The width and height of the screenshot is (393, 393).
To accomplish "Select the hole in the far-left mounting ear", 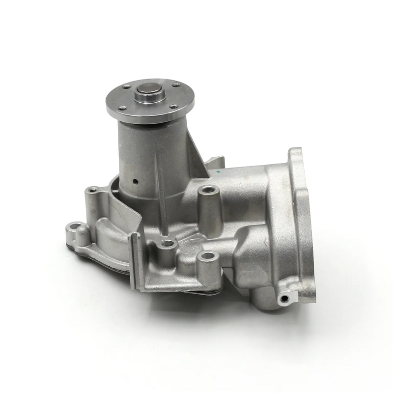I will pyautogui.click(x=74, y=226).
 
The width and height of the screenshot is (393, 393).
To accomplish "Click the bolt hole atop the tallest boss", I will pyautogui.click(x=206, y=190).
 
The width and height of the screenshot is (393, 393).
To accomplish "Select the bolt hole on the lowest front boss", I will pyautogui.click(x=208, y=256).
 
